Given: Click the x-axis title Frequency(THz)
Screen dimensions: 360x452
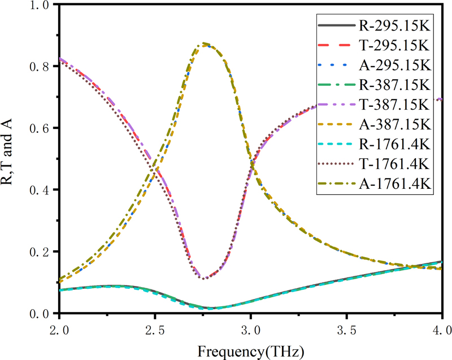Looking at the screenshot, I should (x=250, y=349).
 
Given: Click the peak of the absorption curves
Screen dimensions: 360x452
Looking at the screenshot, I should (x=205, y=44).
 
